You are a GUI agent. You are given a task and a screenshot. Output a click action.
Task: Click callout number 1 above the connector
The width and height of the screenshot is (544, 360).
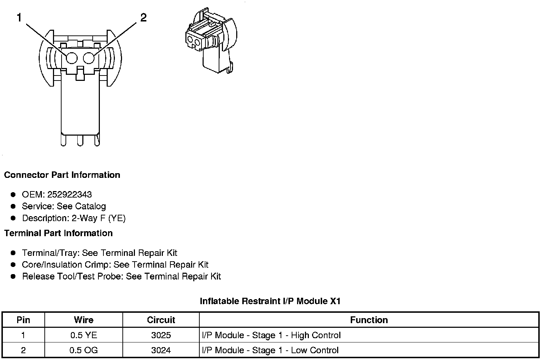19,18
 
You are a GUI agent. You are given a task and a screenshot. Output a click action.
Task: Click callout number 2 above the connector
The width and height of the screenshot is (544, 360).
143,18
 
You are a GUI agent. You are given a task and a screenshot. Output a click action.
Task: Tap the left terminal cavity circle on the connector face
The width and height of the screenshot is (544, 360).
72,58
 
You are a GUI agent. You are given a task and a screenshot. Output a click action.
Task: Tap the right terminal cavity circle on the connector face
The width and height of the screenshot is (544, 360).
89,58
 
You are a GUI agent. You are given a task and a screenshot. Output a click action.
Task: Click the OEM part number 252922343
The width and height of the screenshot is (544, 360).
69,195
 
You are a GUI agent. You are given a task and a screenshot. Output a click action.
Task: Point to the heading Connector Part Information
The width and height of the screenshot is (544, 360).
62,175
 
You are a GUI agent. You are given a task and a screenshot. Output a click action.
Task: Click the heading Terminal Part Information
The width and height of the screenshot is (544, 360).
58,233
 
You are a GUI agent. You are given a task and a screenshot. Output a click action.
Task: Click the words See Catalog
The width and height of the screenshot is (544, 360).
81,206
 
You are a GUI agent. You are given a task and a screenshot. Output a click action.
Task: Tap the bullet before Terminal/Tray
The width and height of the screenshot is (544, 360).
13,253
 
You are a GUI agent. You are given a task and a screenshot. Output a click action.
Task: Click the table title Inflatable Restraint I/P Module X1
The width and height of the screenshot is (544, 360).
270,301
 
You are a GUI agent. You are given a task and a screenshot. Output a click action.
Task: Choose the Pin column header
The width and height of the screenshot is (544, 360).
23,320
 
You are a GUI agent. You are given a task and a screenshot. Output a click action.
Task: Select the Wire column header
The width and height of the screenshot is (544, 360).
83,320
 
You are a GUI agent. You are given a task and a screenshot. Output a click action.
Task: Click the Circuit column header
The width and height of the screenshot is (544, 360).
161,320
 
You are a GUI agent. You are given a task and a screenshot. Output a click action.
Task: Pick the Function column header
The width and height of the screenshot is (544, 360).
369,320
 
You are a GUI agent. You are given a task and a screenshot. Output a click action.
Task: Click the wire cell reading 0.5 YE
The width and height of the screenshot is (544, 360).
83,335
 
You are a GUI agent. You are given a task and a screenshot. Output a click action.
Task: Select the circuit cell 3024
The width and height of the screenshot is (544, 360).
161,350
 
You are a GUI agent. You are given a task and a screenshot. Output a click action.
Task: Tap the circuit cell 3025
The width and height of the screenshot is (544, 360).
161,335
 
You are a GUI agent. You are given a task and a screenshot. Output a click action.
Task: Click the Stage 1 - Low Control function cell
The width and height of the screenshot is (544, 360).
270,350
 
